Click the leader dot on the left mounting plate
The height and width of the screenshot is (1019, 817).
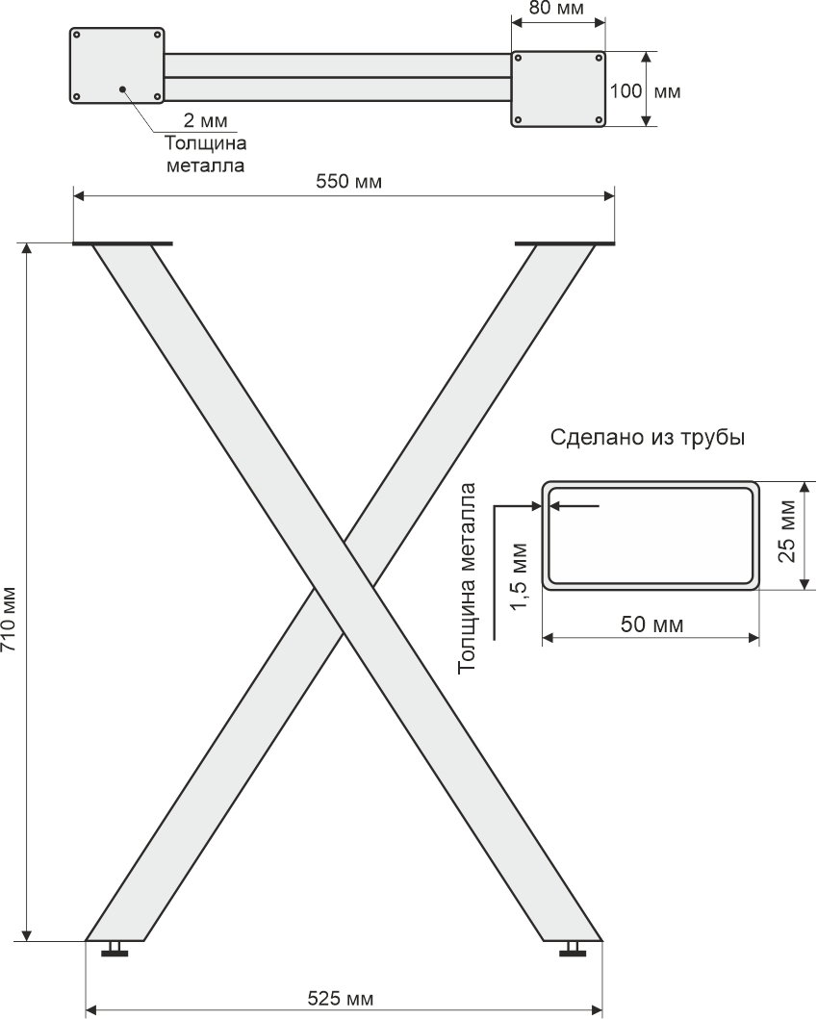point(122,89)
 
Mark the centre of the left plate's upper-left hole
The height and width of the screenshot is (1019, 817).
point(77,34)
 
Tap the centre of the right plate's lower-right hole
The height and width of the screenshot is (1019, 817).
point(599,119)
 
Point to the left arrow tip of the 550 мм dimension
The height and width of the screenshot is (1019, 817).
point(73,195)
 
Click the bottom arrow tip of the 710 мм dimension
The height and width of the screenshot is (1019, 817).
point(27,940)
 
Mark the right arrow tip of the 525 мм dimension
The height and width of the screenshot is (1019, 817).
point(602,1010)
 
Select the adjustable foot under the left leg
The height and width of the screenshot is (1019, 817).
point(115,950)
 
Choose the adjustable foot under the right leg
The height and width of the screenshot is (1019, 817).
point(573,950)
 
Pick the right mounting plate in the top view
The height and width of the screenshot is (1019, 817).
point(558,89)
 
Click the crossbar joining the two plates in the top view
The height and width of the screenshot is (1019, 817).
point(337,77)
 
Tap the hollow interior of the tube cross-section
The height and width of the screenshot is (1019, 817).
point(651,536)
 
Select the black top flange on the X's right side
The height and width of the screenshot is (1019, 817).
point(564,244)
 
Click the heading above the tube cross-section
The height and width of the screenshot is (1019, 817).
point(648,438)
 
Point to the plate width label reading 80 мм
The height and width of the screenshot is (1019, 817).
point(557,9)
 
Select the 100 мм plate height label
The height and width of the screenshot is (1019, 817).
point(645,91)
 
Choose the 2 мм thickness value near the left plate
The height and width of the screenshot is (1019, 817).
point(206,120)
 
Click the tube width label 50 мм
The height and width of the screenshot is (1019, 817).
point(651,624)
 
